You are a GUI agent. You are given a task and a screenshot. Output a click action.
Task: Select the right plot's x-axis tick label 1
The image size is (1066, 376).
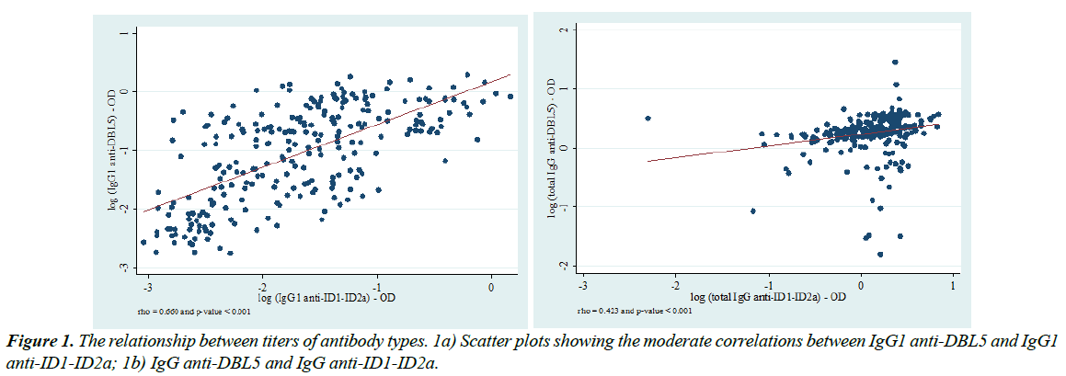click(953, 286)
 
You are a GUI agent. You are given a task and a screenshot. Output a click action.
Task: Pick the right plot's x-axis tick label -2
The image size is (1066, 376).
click(676, 286)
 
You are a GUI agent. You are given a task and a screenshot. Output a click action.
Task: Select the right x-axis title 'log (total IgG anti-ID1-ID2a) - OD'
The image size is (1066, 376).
click(767, 296)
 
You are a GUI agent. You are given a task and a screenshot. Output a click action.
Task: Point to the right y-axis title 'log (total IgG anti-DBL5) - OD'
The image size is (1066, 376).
click(552, 148)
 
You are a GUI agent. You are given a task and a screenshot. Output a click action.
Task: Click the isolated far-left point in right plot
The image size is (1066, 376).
click(648, 118)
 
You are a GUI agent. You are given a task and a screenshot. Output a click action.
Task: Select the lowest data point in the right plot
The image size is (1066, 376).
click(880, 255)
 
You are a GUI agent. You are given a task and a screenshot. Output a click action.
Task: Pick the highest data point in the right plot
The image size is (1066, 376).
click(895, 63)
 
